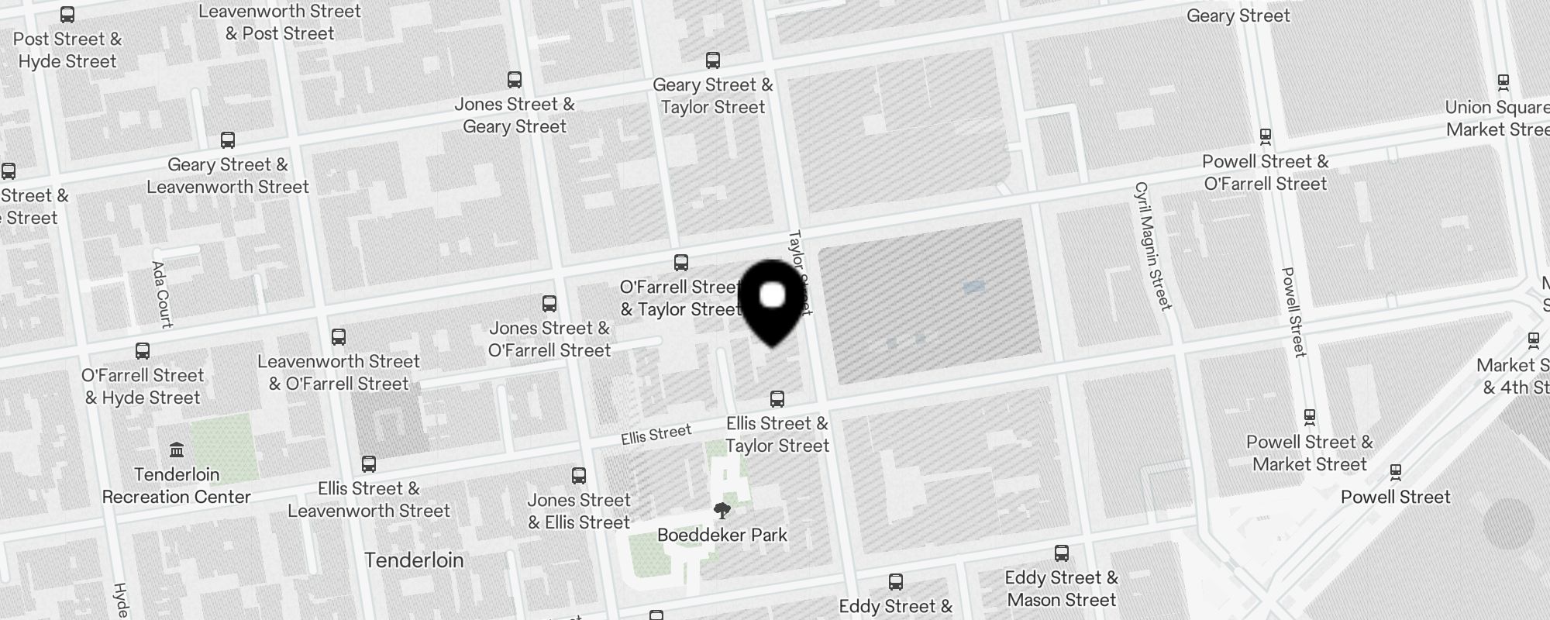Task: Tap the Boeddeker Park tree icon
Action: point(722,511)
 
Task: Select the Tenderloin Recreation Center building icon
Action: point(176,450)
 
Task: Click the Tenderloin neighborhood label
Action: point(414,560)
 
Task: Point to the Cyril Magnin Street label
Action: point(1152,246)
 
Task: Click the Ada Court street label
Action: point(162,294)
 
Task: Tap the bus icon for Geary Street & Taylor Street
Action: point(713,60)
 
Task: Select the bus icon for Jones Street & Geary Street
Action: point(515,80)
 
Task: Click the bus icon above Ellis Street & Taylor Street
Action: point(777,399)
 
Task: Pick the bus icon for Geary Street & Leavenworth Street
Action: point(228,140)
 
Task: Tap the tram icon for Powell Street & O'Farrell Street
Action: point(1266,137)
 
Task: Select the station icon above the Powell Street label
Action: point(1396,472)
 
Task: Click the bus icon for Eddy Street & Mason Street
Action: point(1062,553)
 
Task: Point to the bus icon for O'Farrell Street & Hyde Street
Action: point(143,351)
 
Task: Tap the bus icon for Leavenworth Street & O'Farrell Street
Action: point(339,337)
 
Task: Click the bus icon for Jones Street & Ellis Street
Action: point(579,476)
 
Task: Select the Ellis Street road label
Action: point(656,435)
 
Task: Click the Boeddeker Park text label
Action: point(722,535)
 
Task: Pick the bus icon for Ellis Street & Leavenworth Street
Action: point(369,464)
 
